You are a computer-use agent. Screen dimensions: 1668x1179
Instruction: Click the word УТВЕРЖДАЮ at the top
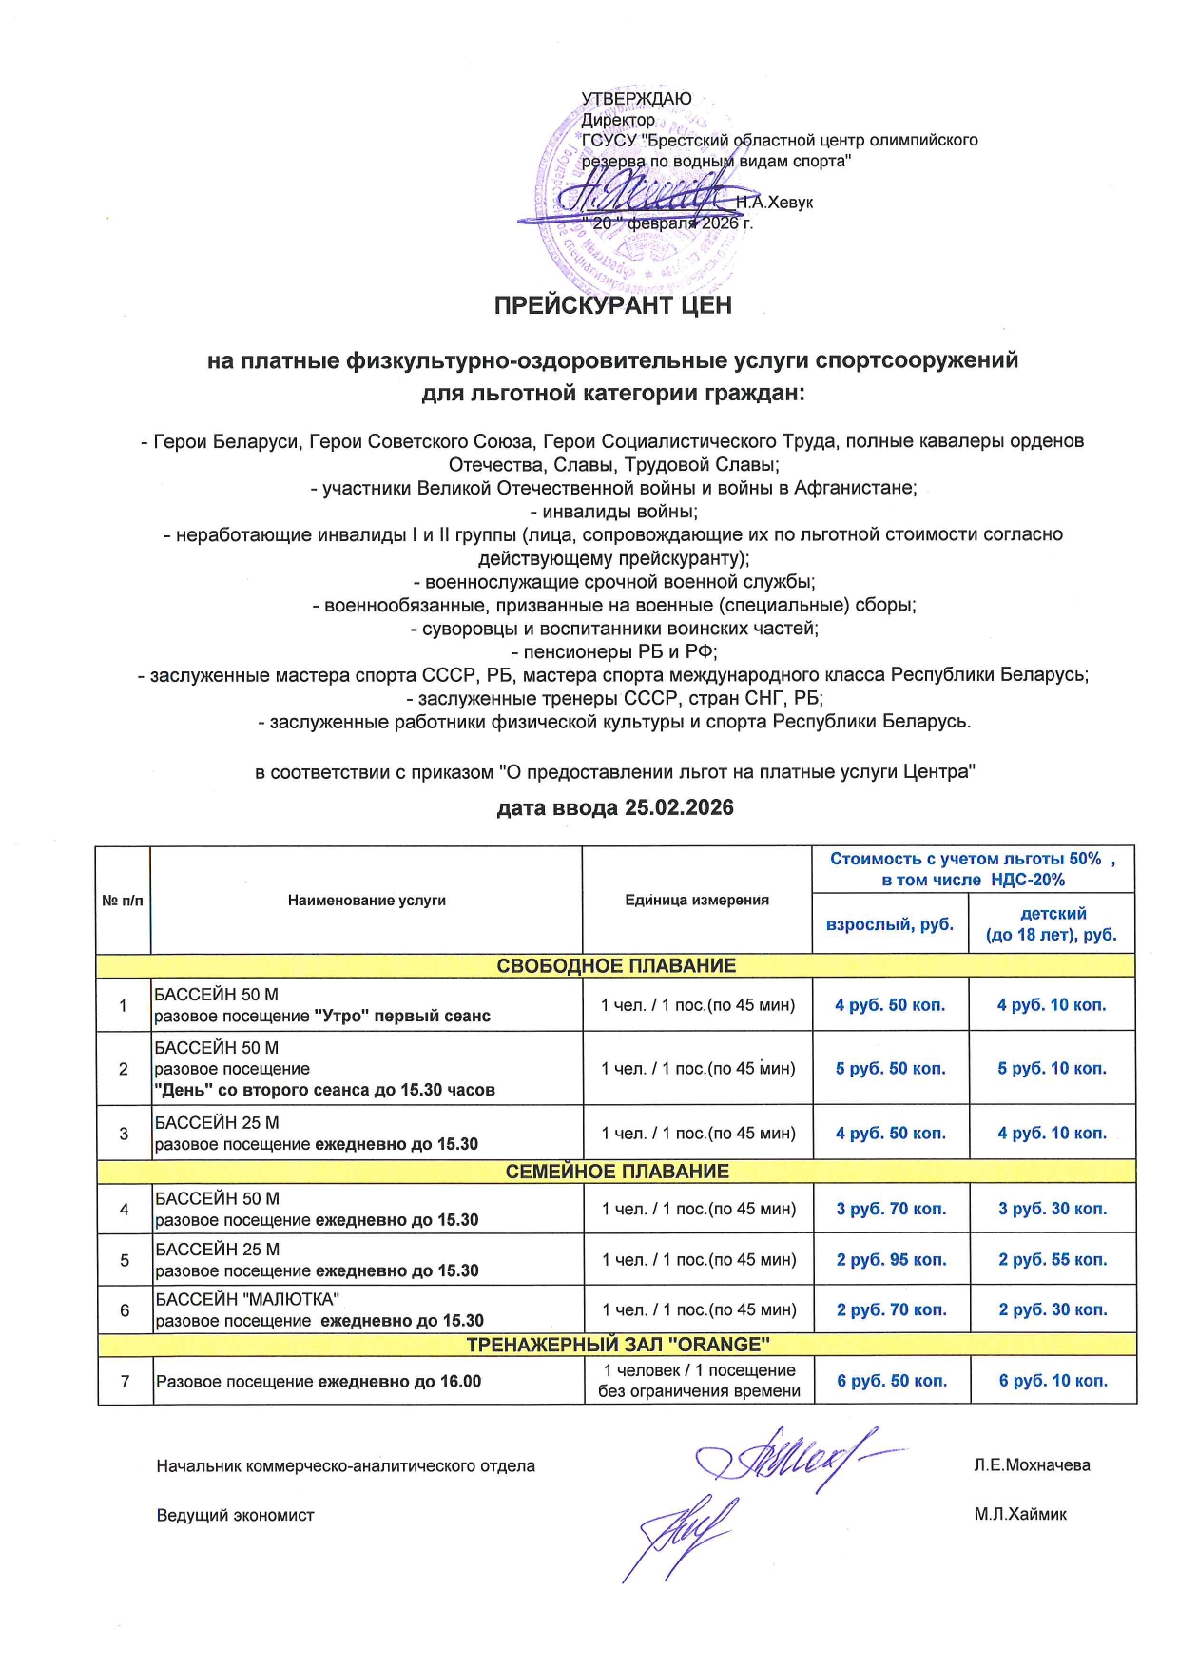tap(636, 99)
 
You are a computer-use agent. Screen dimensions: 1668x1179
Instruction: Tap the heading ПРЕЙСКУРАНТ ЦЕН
tap(612, 305)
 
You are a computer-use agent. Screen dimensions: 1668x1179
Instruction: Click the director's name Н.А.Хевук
tap(774, 202)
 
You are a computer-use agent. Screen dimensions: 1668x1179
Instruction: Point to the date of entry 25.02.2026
tap(679, 807)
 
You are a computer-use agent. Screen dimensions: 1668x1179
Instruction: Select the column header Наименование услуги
tap(366, 900)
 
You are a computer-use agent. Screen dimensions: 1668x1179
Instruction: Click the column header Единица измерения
tap(696, 900)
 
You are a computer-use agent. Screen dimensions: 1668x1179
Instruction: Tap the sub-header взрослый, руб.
tap(889, 924)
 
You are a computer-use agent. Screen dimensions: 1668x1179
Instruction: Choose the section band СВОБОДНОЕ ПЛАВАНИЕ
tap(615, 965)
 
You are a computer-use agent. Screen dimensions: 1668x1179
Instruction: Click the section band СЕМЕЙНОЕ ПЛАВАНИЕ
tap(616, 1171)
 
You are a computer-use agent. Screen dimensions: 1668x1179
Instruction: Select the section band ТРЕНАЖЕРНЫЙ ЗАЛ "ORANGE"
tap(617, 1344)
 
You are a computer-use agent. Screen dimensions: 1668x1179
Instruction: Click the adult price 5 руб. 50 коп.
tap(890, 1068)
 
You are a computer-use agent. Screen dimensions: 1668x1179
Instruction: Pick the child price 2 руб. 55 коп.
tap(1053, 1259)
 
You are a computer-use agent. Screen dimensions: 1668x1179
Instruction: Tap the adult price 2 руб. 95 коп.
tap(891, 1259)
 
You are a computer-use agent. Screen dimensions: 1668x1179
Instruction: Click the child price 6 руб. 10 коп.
tap(1053, 1380)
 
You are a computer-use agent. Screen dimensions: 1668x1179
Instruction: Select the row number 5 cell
tap(125, 1259)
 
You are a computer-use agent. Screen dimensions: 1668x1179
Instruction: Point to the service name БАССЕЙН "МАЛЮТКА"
tap(247, 1299)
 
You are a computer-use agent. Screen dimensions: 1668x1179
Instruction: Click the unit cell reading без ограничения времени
tap(699, 1390)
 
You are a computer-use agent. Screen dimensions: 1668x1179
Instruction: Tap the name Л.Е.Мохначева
tap(1032, 1464)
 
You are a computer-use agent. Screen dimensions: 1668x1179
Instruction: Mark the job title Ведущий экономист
tap(235, 1515)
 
